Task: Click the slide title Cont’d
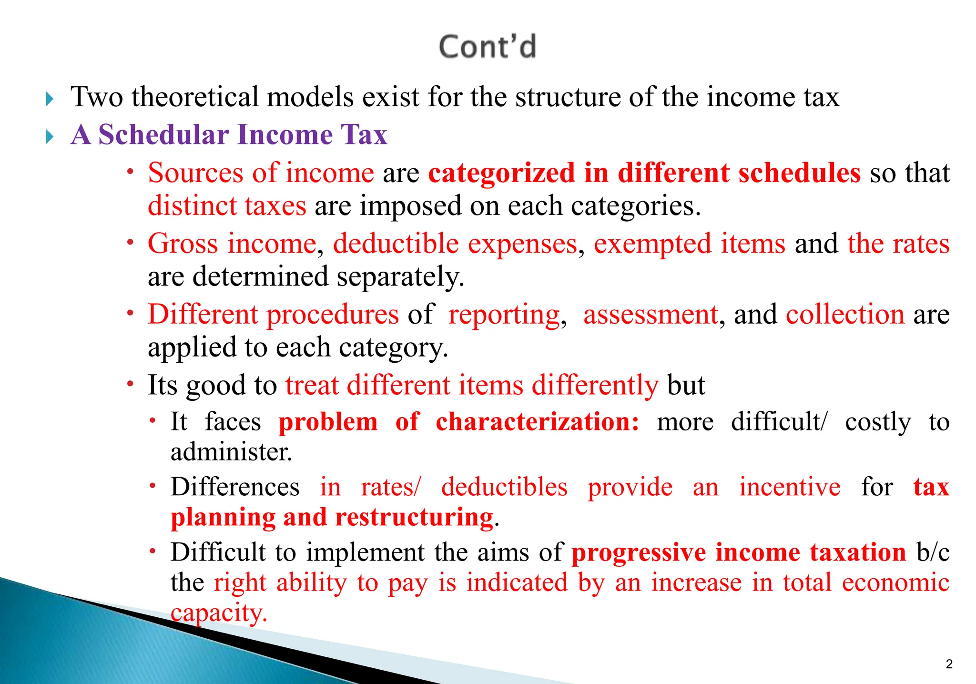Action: point(487,47)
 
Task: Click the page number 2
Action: point(949,664)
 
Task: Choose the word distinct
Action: point(193,206)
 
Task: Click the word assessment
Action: point(651,315)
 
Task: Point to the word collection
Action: point(845,315)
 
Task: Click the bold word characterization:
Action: point(537,422)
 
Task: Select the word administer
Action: point(231,452)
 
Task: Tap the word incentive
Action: point(790,487)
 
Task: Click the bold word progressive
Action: point(639,553)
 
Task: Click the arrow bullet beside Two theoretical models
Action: point(50,99)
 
